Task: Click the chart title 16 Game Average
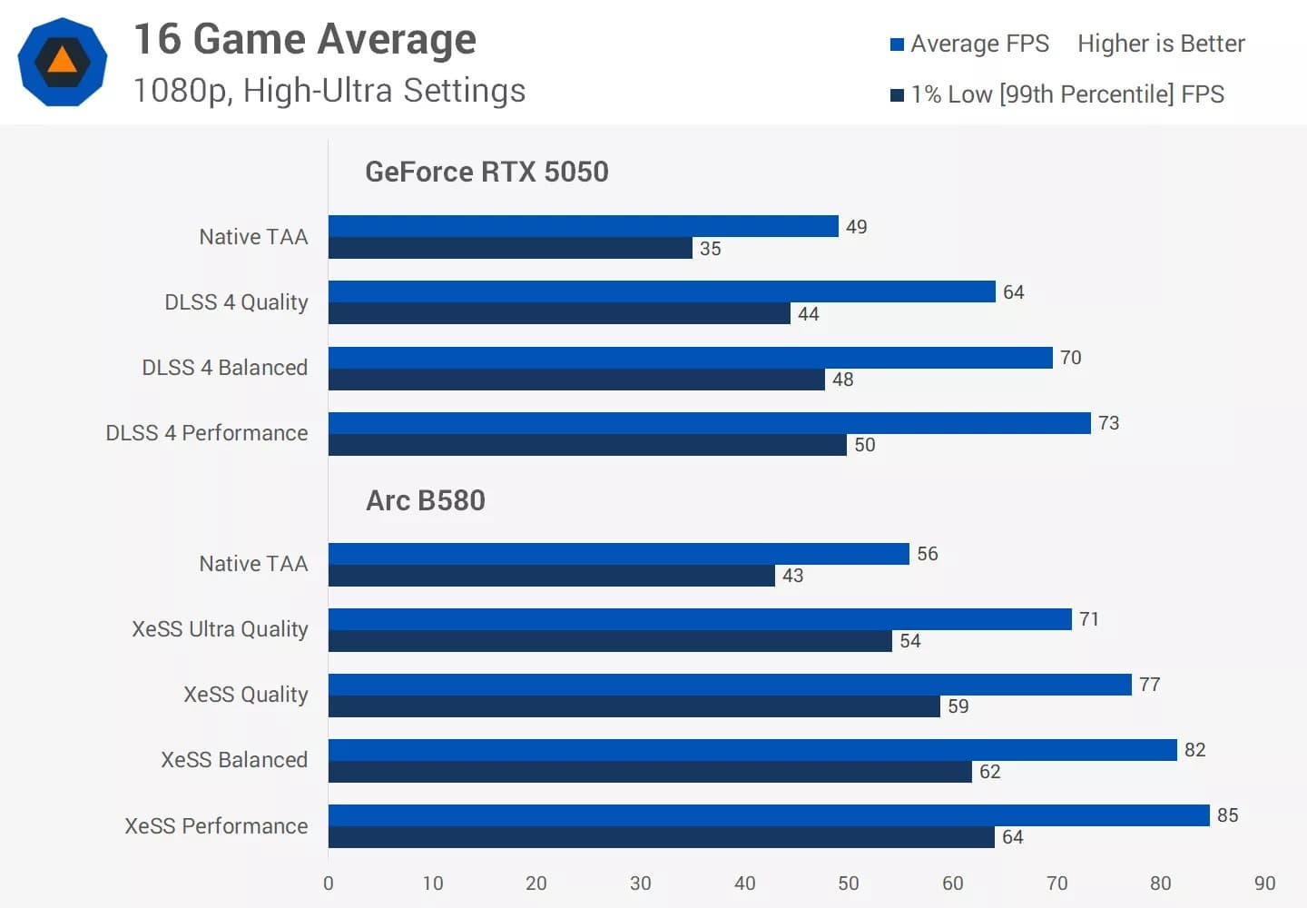pyautogui.click(x=305, y=40)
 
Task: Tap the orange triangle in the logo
pyautogui.click(x=62, y=61)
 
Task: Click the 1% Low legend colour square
pyautogui.click(x=898, y=95)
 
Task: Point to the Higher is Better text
pyautogui.click(x=1161, y=44)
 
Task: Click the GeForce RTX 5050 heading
pyautogui.click(x=486, y=172)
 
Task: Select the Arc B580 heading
pyautogui.click(x=426, y=500)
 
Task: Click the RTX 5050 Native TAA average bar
pyautogui.click(x=583, y=226)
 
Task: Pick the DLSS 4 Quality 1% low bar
pyautogui.click(x=559, y=313)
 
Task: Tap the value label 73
pyautogui.click(x=1108, y=423)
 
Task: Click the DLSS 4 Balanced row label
pyautogui.click(x=225, y=368)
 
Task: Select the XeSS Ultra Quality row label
pyautogui.click(x=220, y=629)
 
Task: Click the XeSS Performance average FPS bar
pyautogui.click(x=769, y=815)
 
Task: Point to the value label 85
pyautogui.click(x=1227, y=815)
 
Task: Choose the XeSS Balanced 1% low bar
pyautogui.click(x=650, y=772)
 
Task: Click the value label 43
pyautogui.click(x=792, y=576)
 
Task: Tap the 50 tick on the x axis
pyautogui.click(x=849, y=883)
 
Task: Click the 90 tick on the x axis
pyautogui.click(x=1264, y=883)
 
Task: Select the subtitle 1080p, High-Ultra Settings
pyautogui.click(x=329, y=91)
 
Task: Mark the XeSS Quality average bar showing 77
pyautogui.click(x=730, y=685)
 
